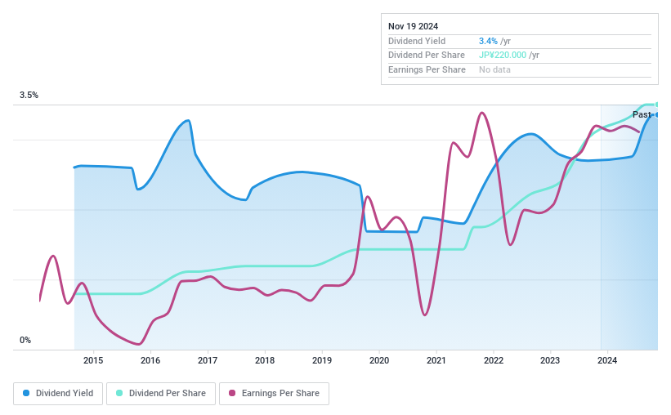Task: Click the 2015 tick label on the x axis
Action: [x=93, y=360]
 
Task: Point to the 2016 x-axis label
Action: [x=150, y=360]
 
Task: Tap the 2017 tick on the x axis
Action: [x=208, y=360]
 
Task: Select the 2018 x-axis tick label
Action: [x=265, y=360]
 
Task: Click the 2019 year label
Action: [x=322, y=360]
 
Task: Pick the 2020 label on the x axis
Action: [x=379, y=360]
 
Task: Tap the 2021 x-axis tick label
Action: [x=436, y=360]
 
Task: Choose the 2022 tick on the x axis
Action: [x=493, y=360]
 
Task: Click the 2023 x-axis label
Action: [x=550, y=360]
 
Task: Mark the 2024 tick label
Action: [x=607, y=360]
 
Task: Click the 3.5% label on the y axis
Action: [x=29, y=96]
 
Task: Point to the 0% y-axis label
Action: [x=25, y=340]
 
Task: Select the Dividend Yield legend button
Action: [x=58, y=394]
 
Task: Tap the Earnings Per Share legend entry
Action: [x=274, y=394]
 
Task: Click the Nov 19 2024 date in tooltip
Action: [x=414, y=26]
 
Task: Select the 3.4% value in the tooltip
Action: [x=489, y=41]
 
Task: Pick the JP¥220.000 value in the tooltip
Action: [x=502, y=56]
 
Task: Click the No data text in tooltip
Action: [x=495, y=70]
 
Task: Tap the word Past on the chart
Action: [x=642, y=115]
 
